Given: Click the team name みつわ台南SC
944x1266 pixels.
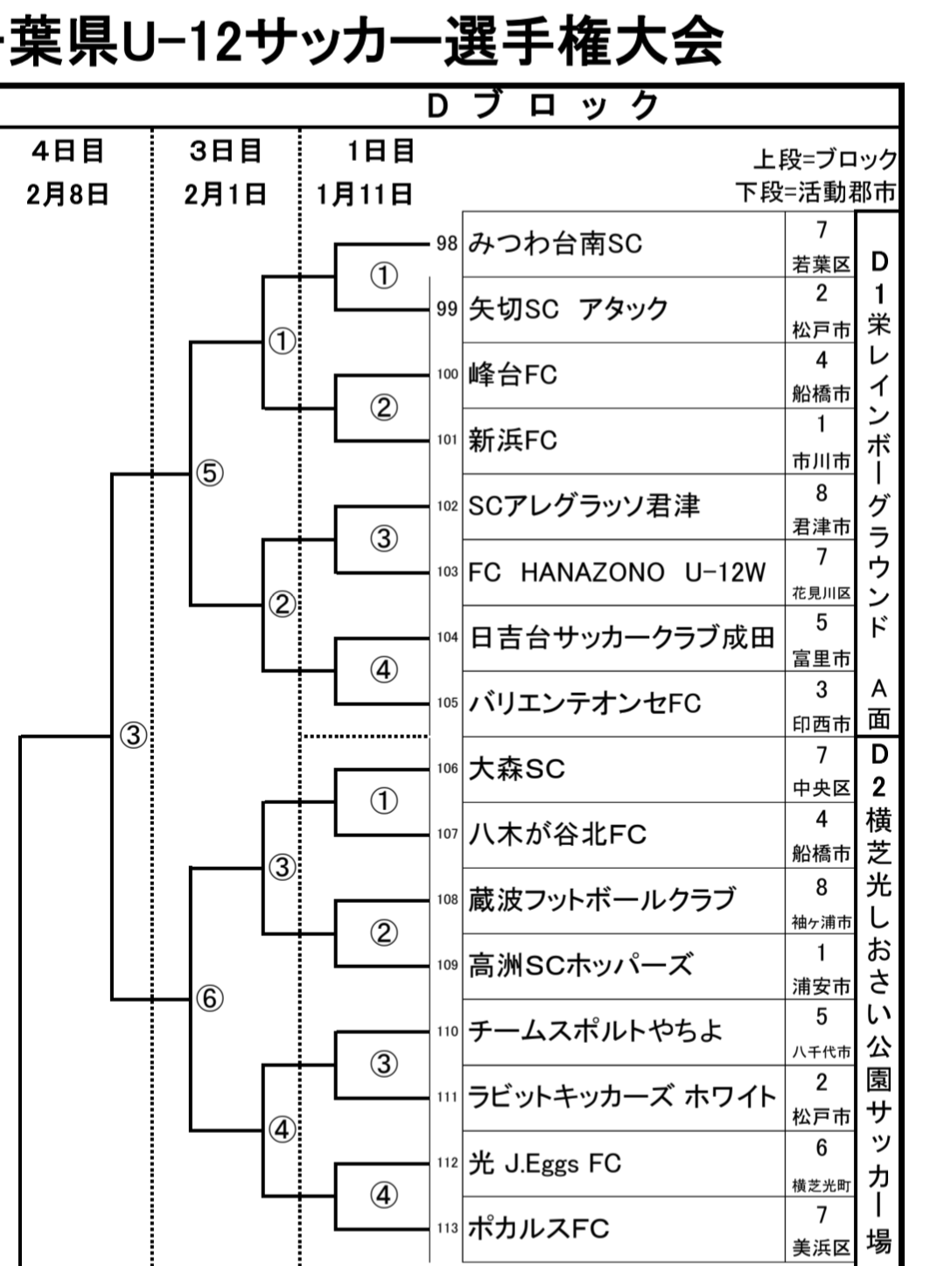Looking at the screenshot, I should pyautogui.click(x=555, y=243).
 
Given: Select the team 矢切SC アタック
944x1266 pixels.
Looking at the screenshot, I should pyautogui.click(x=568, y=309).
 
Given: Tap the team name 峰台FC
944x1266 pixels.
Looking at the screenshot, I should pyautogui.click(x=513, y=374).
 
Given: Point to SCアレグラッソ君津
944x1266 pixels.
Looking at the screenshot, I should pyautogui.click(x=584, y=506).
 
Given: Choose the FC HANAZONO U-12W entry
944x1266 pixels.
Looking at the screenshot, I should pyautogui.click(x=617, y=572).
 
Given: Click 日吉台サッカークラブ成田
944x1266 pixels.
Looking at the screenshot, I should pyautogui.click(x=621, y=637).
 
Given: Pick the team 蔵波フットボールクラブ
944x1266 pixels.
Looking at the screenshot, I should pyautogui.click(x=601, y=899).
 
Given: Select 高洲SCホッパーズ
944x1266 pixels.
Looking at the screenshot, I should pyautogui.click(x=580, y=965).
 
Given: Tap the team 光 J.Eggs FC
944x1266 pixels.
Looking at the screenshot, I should pyautogui.click(x=544, y=1163).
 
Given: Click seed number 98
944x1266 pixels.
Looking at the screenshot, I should pyautogui.click(x=447, y=243).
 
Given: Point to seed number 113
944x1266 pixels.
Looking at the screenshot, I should pyautogui.click(x=447, y=1228).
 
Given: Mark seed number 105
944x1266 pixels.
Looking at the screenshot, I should pyautogui.click(x=447, y=703).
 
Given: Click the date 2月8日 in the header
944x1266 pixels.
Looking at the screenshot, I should pyautogui.click(x=67, y=193).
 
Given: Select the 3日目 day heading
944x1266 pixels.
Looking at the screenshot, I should pyautogui.click(x=226, y=151).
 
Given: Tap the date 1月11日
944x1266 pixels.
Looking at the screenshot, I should pyautogui.click(x=365, y=193).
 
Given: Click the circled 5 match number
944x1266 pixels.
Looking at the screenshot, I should pyautogui.click(x=210, y=472).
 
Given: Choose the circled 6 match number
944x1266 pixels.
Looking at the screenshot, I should pyautogui.click(x=210, y=998).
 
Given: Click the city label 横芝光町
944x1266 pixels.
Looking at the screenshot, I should pyautogui.click(x=821, y=1186).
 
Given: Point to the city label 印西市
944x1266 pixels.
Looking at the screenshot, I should pyautogui.click(x=821, y=724).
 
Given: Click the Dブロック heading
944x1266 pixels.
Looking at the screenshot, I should pyautogui.click(x=542, y=105).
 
